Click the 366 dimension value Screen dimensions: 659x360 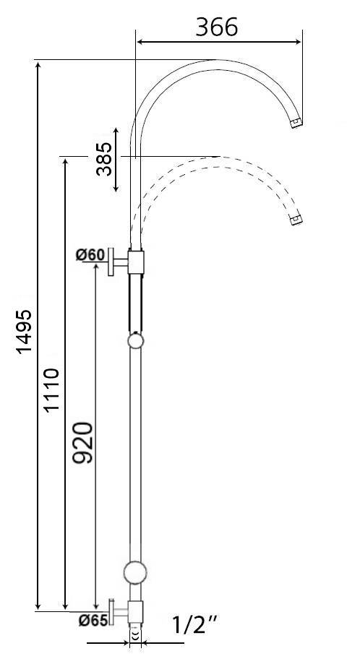pos(216,27)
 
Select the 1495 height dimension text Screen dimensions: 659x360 pos(24,332)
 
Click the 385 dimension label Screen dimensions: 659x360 pos(104,158)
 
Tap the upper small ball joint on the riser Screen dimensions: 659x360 pos(135,341)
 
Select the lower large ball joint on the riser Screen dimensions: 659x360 pos(135,572)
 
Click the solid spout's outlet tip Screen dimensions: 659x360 pos(296,124)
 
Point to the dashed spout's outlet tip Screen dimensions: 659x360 pos(296,219)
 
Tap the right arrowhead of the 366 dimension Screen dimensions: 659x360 pos(299,42)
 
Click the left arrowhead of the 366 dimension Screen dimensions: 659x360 pos(140,42)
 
